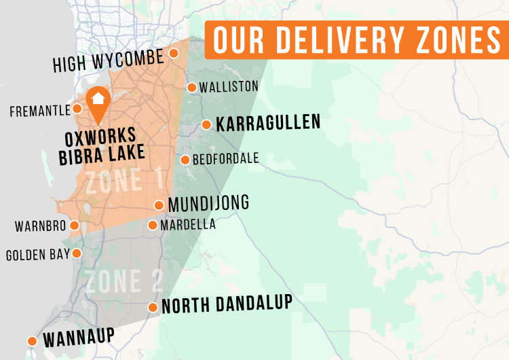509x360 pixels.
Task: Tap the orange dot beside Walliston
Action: click(x=192, y=87)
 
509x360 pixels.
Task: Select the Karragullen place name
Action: click(x=267, y=124)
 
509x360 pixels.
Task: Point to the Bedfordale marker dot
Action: click(x=185, y=160)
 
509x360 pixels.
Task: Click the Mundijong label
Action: click(x=208, y=203)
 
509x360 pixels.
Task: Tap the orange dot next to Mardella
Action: click(x=153, y=225)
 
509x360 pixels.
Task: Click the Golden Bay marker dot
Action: click(x=77, y=253)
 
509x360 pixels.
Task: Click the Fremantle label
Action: click(x=40, y=110)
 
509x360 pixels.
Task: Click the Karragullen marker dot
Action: click(x=206, y=124)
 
